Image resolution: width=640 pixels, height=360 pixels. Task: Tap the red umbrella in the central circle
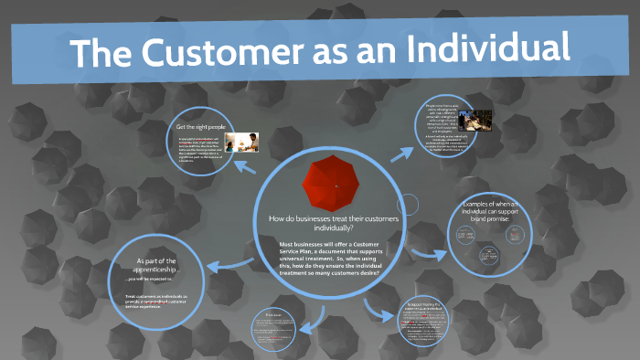[x=336, y=185]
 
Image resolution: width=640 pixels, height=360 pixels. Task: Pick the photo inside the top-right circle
[x=478, y=121]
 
